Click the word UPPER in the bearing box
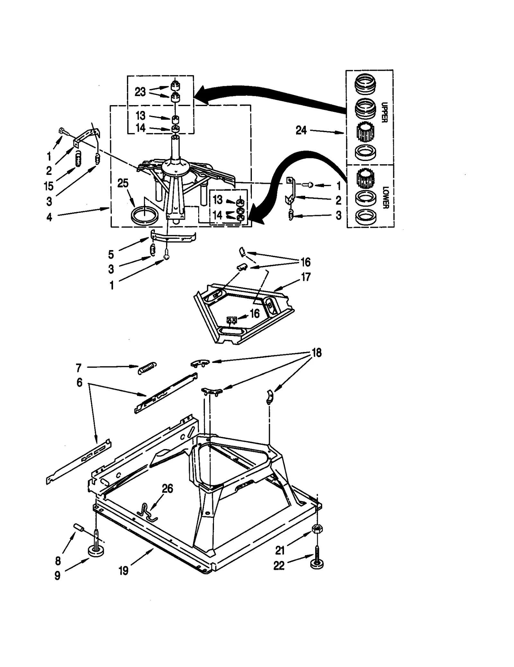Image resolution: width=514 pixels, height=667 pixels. pos(384,112)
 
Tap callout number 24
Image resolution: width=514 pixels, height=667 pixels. pos(301,131)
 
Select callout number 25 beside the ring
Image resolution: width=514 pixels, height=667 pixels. pos(123,183)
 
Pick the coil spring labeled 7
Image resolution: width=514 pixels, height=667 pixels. pos(147,368)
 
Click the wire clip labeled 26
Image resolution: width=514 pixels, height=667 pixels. pos(146,511)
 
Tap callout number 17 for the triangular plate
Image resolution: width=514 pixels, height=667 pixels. pos(306,277)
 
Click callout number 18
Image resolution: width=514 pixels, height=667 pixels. pos(316,353)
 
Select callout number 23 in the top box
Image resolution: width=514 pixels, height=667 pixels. pos(140,92)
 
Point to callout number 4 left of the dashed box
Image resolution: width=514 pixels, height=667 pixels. pos(49,217)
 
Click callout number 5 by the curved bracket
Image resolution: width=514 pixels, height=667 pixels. pos(111,254)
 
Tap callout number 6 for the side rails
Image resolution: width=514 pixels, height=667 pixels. pos(79,383)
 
